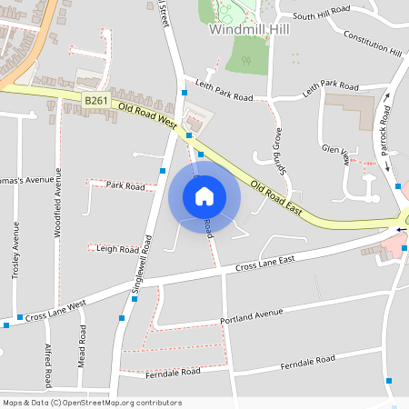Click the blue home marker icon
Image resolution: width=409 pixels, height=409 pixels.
[x=204, y=195]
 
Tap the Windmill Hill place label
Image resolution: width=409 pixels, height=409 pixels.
[x=247, y=29]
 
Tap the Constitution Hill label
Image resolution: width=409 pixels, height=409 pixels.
[x=372, y=43]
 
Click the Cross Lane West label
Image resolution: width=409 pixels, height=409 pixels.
[x=56, y=309]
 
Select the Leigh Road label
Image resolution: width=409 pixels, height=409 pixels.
[x=116, y=248]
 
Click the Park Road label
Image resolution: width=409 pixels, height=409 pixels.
[x=125, y=185]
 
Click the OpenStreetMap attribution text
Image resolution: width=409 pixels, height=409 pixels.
[x=92, y=403]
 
